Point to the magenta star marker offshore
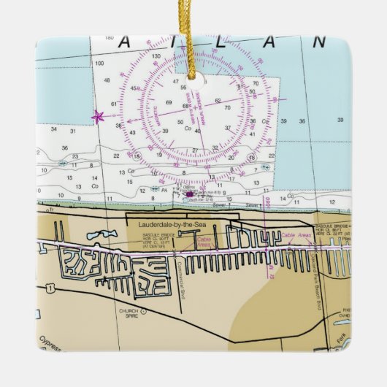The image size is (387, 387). point(97,115)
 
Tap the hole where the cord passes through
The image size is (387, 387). point(193,73)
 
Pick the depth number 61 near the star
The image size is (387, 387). point(113,104)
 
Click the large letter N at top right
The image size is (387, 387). point(318,42)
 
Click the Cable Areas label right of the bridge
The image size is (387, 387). point(296,235)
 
